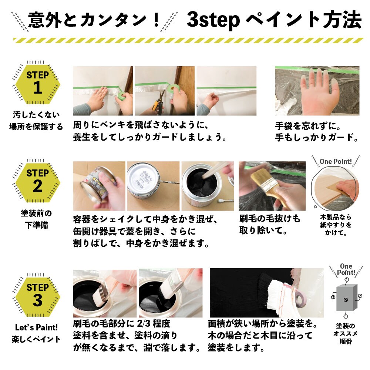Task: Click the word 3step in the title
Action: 213,20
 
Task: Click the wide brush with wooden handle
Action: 269,186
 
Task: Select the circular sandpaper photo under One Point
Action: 335,188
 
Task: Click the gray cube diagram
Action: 347,297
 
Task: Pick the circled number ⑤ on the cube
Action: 346,300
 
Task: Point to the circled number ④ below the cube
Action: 346,316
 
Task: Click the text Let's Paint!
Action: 36,327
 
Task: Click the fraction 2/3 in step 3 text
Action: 144,323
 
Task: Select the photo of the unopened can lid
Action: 154,186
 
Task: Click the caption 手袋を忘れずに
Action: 308,126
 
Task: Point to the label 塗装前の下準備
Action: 36,219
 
